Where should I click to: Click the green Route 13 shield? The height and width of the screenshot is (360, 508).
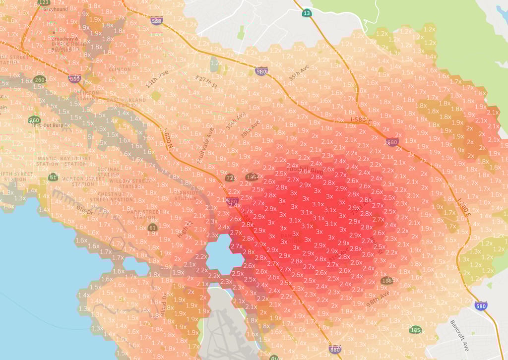[307, 13]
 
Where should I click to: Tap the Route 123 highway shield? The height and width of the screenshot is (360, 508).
[44, 2]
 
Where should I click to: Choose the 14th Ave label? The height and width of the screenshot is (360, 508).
[157, 80]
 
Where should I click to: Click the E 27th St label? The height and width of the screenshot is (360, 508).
[206, 82]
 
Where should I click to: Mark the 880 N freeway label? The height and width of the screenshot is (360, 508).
[168, 141]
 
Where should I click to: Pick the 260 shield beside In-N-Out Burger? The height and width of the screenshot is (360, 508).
[34, 120]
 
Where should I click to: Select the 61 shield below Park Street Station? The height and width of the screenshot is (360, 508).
[152, 228]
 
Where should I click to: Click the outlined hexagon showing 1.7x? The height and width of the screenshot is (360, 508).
[118, 243]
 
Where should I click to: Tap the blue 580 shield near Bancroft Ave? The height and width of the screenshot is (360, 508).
[480, 305]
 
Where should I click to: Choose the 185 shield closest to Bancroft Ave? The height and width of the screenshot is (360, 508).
[416, 330]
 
